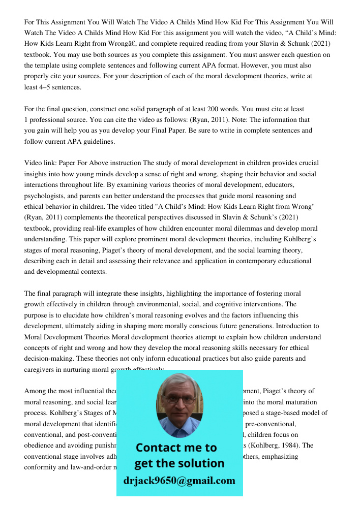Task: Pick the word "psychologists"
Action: [46, 196]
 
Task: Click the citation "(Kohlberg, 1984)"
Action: [288, 446]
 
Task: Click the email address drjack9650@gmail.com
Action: [179, 481]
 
